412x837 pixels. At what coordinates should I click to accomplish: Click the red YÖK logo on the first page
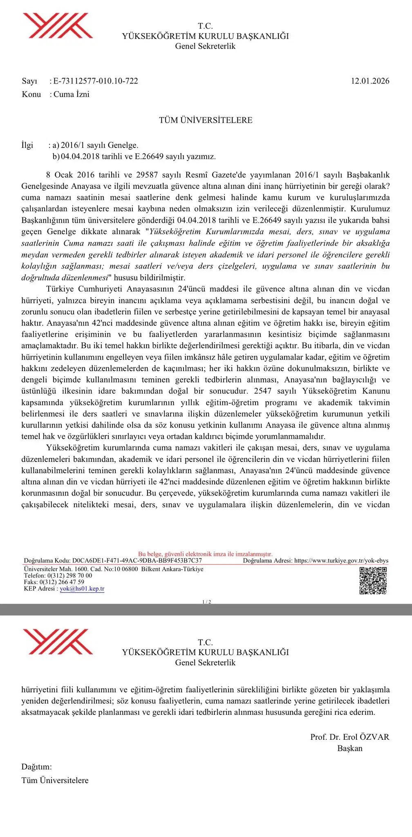[58, 26]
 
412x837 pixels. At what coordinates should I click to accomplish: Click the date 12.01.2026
[370, 81]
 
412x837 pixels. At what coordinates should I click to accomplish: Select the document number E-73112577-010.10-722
[96, 81]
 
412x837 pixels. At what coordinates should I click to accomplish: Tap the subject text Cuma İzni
[72, 94]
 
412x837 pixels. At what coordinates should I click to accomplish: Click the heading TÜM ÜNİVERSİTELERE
[206, 120]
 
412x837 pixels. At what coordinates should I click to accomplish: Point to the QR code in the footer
[373, 580]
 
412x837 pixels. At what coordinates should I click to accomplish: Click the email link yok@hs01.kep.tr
[82, 589]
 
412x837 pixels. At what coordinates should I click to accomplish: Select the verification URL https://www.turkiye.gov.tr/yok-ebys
[341, 560]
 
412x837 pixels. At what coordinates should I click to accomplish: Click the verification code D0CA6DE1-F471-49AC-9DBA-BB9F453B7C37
[137, 560]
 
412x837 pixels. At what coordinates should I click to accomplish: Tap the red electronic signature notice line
[205, 554]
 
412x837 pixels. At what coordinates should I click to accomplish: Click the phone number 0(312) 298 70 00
[70, 575]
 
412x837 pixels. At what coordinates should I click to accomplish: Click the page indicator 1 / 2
[206, 602]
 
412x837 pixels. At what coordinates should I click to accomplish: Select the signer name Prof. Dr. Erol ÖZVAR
[349, 737]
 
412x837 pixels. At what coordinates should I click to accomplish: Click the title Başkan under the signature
[349, 748]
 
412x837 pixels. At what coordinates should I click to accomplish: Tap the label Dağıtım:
[37, 767]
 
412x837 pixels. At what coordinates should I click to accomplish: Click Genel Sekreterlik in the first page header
[205, 46]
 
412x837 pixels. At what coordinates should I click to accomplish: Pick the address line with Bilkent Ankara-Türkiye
[114, 569]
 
